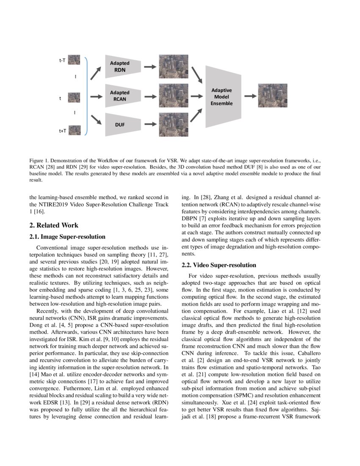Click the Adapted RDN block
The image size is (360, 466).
(119, 67)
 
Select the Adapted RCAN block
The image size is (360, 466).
(119, 96)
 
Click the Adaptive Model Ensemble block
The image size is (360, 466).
(222, 97)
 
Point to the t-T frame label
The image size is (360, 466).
(62, 61)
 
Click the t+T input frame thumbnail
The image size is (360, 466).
(75, 130)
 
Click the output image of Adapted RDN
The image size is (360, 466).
(174, 67)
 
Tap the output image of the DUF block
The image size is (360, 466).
(174, 125)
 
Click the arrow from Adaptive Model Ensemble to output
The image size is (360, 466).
(250, 96)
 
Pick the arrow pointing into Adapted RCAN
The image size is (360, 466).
(97, 96)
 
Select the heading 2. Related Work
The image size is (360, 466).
(54, 225)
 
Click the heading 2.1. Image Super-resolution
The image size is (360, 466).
(67, 237)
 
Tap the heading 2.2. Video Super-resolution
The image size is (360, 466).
(219, 265)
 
